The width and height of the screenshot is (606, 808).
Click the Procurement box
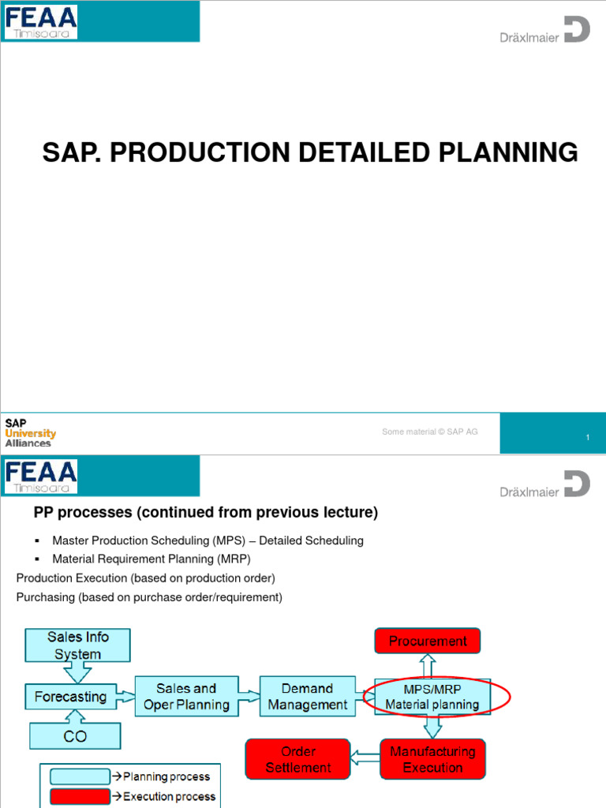427,641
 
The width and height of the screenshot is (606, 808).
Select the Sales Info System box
77,645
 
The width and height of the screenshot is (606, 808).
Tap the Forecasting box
70,697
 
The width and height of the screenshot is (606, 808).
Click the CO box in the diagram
76,736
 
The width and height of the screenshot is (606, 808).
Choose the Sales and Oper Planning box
186,696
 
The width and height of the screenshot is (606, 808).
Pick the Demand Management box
307,696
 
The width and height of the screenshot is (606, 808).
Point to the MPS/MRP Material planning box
432,696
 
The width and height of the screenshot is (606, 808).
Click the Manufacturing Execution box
432,759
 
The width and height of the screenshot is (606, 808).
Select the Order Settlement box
298,759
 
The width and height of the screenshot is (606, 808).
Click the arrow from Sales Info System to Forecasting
77,673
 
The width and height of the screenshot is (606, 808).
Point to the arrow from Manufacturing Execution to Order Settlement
365,759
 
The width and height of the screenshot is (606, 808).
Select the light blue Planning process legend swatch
79,776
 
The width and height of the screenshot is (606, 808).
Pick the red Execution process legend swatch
79,796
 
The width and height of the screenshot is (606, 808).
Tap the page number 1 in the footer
588,436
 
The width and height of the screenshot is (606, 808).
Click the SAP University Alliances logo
30,433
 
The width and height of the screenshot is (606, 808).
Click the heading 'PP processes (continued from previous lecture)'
205,513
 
